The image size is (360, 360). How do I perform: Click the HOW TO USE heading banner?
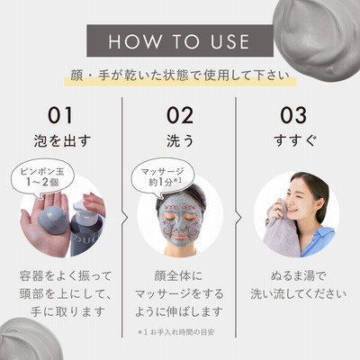tap(180, 40)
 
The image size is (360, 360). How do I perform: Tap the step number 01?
tap(60, 115)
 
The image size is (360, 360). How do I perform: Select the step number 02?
tap(180, 115)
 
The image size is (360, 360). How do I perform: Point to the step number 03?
tap(293, 115)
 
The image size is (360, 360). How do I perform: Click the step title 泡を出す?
tap(62, 141)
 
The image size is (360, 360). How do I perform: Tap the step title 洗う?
tap(180, 141)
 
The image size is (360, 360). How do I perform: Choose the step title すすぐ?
tap(295, 141)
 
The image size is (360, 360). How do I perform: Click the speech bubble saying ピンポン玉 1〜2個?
tap(42, 177)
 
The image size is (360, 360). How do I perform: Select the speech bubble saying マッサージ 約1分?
tap(163, 177)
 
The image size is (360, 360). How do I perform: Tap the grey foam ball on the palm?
tap(53, 220)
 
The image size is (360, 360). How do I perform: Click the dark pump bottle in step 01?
tap(86, 229)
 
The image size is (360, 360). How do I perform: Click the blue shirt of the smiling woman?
tap(318, 242)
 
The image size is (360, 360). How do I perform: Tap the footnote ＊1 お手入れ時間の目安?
tap(176, 332)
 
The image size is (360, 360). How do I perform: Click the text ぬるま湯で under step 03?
tap(298, 276)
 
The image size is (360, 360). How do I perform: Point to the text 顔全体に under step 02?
tap(179, 276)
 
